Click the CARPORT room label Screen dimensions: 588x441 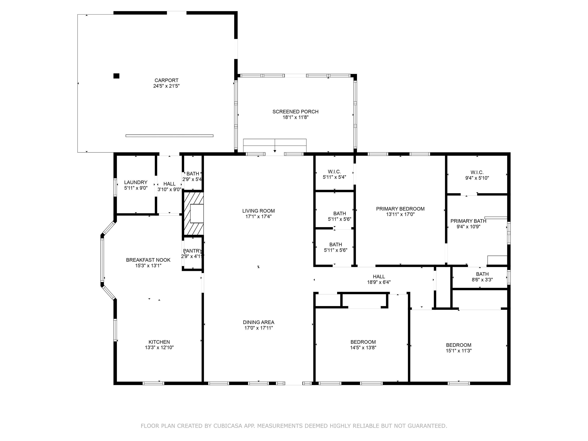166,80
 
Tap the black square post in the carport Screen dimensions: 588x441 116,76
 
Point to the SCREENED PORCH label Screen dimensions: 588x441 295,112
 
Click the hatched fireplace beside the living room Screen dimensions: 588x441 194,214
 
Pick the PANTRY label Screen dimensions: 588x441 192,251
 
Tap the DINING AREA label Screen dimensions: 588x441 259,322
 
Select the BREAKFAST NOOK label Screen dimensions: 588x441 148,260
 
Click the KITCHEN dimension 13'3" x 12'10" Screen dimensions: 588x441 159,347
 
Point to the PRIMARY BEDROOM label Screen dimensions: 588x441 400,209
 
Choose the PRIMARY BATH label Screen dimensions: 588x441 468,221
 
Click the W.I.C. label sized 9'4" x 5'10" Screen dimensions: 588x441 477,172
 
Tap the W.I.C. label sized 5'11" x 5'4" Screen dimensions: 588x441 334,172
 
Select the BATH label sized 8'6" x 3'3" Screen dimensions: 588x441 482,274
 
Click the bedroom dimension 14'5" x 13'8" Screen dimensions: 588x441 363,347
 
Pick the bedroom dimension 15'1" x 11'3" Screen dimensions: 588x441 459,351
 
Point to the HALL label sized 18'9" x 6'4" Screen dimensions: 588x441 379,277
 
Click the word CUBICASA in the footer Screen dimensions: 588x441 228,426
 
